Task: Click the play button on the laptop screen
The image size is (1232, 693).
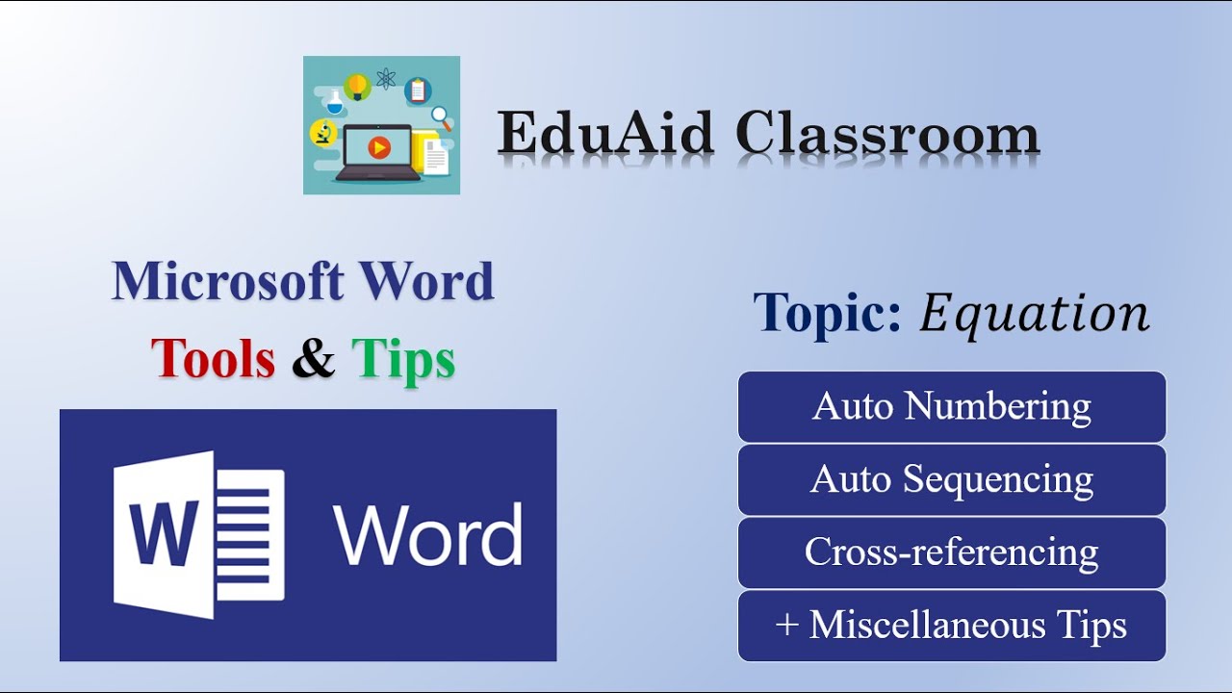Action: coord(379,147)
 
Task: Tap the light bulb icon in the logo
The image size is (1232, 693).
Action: coord(358,87)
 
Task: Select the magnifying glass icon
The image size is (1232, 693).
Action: coord(442,117)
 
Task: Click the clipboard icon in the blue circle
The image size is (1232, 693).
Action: coord(418,90)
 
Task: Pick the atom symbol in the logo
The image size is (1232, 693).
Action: coord(386,78)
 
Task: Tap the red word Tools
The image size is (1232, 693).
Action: coord(213,358)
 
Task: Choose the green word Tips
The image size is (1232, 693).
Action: coord(403,358)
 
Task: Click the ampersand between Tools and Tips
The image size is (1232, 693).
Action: coord(313,358)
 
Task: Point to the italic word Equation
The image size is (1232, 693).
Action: coord(1034,313)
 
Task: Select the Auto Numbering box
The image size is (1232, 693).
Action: coord(951,406)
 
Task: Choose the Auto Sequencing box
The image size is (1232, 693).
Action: coord(951,479)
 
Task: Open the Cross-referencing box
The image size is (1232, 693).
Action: coord(951,552)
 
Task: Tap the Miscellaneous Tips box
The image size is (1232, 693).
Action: coord(951,626)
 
